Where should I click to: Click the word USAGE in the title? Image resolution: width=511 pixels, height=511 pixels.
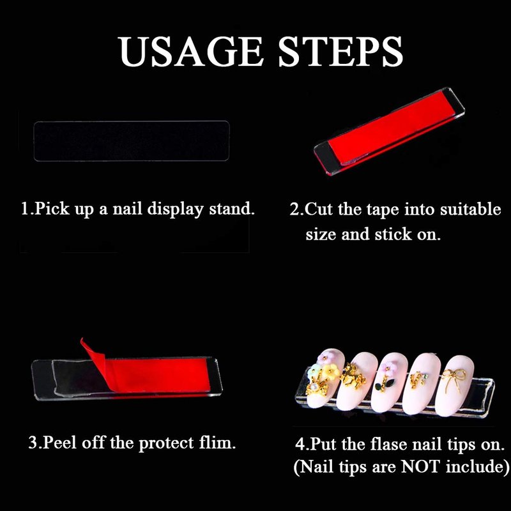tap(190, 51)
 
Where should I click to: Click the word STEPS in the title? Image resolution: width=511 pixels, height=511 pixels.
tap(340, 51)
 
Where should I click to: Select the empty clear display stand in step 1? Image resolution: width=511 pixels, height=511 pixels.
tap(132, 141)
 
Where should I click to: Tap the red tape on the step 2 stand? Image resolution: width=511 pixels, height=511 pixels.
tap(390, 129)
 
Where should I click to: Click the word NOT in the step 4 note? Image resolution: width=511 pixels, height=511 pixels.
tap(420, 466)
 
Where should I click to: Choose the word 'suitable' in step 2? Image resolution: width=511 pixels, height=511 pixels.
tap(470, 209)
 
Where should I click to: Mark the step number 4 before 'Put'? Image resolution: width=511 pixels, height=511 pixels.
tap(300, 444)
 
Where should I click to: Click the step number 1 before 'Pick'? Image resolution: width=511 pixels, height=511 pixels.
tap(25, 209)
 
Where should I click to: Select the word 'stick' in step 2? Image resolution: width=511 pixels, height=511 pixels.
tap(393, 234)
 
